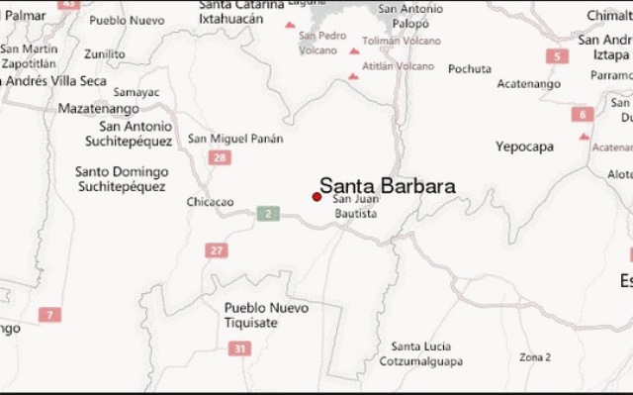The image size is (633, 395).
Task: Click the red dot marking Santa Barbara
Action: pos(316,197)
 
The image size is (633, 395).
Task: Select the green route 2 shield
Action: pos(267,213)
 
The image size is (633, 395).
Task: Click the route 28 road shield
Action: pos(220,158)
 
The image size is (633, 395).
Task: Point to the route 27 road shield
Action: pos(217,250)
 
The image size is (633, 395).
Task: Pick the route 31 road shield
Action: pos(239,348)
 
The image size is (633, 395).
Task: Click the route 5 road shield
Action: pos(559,56)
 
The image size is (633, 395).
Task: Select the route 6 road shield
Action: pos(581,114)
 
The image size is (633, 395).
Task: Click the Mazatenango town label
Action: pos(99,108)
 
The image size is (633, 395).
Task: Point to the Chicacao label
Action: pos(210,202)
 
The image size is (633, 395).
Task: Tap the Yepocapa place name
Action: pos(524,147)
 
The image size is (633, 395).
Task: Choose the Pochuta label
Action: pos(469,68)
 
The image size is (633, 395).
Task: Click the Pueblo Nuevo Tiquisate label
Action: pos(266,315)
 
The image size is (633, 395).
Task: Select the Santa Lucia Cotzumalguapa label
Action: pos(421,352)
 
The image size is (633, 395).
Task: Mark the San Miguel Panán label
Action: pos(235,138)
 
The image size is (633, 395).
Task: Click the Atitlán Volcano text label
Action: pos(399,66)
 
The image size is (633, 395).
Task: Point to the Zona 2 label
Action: pos(535,356)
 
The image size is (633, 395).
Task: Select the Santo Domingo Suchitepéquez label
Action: pos(122,178)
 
